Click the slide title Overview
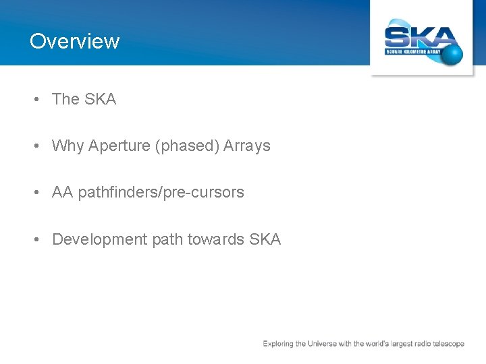[x=74, y=41]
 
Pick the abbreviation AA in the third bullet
[x=62, y=192]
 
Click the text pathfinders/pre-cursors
[x=161, y=193]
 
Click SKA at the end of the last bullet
[x=265, y=239]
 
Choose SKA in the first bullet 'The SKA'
[x=101, y=99]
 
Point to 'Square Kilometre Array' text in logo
[x=413, y=51]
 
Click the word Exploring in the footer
[x=278, y=344]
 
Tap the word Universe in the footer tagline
[x=326, y=344]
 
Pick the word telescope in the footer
[x=448, y=344]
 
